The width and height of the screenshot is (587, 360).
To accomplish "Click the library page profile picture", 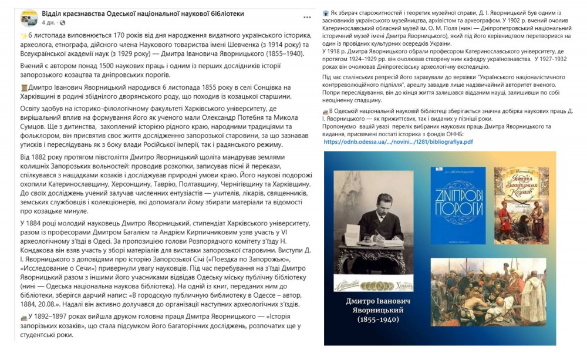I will coord(29,18).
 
